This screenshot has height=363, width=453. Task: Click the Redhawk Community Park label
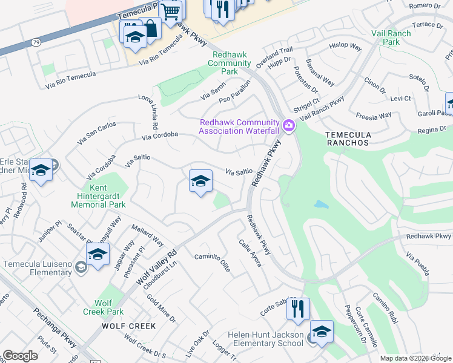[x=230, y=63]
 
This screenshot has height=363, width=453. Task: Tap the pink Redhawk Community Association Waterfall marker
[x=289, y=126]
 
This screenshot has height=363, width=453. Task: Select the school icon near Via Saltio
[x=200, y=181]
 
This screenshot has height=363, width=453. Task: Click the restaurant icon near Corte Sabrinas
[x=297, y=309]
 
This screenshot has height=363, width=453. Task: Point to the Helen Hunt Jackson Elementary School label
[x=265, y=339]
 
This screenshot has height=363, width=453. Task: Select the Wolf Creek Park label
[x=104, y=307]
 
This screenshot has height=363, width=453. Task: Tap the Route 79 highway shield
[x=36, y=43]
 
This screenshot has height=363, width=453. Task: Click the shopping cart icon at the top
[x=170, y=11]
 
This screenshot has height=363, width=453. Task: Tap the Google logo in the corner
[x=20, y=356]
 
